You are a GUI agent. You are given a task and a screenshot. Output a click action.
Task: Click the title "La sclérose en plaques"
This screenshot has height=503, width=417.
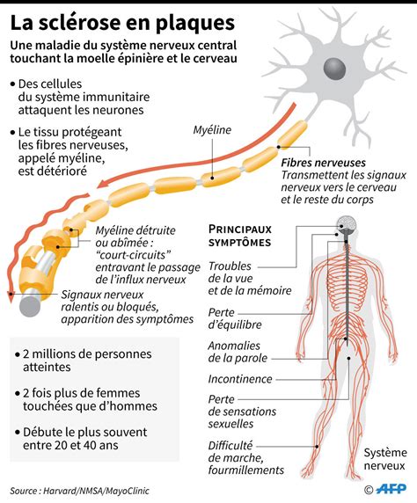(122, 24)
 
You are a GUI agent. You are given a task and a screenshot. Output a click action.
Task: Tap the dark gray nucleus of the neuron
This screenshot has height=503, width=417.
(334, 69)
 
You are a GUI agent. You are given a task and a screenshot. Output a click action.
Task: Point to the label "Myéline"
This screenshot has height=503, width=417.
(212, 130)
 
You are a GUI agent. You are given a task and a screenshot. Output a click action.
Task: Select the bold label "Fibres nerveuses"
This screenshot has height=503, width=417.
(323, 163)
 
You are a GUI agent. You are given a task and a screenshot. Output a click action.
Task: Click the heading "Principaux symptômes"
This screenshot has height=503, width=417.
(240, 236)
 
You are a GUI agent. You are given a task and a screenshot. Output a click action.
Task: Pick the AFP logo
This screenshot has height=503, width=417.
(391, 489)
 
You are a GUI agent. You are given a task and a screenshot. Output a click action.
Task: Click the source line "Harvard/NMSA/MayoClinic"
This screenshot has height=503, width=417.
(96, 491)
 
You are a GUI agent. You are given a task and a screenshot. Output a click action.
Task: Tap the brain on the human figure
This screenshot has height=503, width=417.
(346, 224)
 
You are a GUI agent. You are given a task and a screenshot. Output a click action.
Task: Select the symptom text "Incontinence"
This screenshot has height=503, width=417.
(240, 379)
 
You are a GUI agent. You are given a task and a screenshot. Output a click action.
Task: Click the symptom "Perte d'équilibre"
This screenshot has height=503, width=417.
(235, 318)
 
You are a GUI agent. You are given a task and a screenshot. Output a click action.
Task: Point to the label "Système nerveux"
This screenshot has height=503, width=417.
(385, 459)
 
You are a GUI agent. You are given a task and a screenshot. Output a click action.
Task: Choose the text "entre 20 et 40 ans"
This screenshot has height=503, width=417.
(70, 445)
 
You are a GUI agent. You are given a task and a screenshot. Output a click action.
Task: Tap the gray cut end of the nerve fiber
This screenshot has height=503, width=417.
(30, 307)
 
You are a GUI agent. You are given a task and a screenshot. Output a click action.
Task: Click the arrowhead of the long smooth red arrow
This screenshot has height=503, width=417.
(103, 184)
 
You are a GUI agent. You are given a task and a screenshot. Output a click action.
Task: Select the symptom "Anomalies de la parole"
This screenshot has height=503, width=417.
(238, 352)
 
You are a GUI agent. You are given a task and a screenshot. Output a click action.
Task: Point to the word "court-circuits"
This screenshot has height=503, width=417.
(133, 255)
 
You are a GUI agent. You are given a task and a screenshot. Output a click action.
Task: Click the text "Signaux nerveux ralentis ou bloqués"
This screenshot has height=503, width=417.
(110, 301)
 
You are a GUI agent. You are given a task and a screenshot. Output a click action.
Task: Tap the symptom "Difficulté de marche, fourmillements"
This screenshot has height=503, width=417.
(246, 458)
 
